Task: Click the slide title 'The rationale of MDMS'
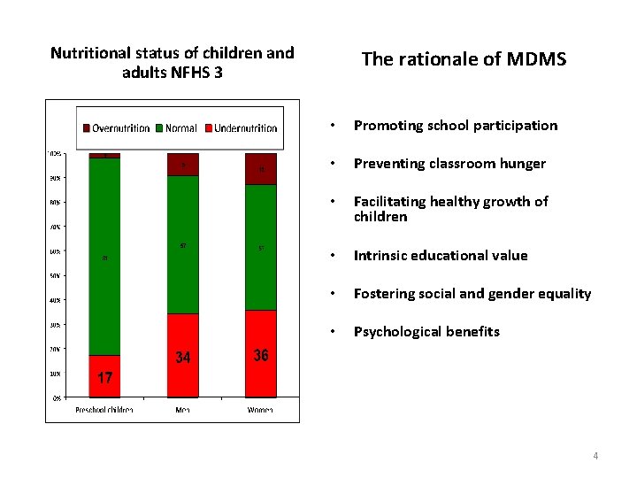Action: (464, 59)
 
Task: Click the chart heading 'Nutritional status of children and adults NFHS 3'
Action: (172, 62)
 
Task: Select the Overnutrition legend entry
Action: (116, 128)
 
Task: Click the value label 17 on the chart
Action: (105, 378)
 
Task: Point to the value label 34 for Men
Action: (182, 358)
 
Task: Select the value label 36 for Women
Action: (261, 355)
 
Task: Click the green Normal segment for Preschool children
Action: (104, 257)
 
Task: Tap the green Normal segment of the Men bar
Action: (183, 244)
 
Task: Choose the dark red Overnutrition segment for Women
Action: (261, 169)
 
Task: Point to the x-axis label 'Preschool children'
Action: (104, 410)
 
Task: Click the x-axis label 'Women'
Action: (261, 410)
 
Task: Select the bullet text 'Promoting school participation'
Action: (456, 126)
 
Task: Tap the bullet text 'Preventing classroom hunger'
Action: (449, 164)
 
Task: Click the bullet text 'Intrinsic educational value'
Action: (441, 256)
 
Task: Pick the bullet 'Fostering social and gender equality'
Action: (472, 294)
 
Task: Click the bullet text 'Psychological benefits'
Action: (426, 332)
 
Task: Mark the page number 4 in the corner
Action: (595, 456)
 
